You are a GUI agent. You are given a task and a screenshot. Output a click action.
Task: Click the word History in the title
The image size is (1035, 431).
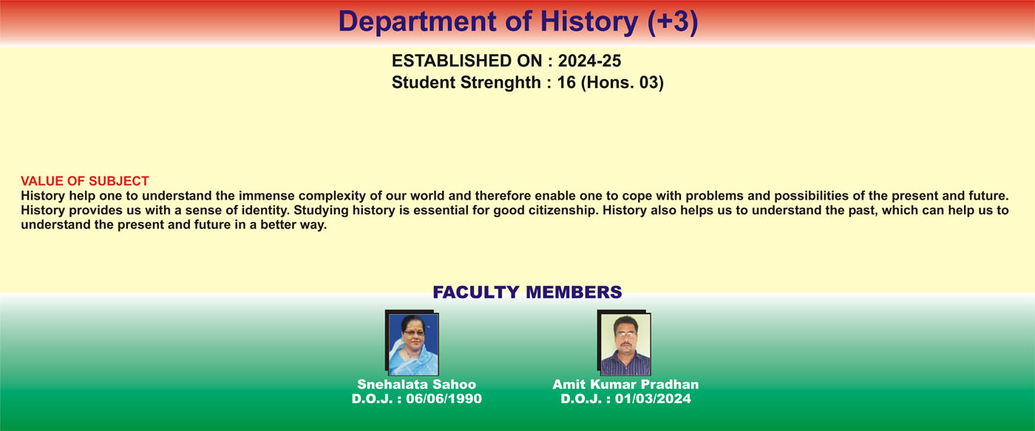588,22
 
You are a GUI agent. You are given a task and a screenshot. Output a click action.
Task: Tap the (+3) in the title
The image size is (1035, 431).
672,22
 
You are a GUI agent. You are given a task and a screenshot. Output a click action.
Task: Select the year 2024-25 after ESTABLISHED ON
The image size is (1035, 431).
590,61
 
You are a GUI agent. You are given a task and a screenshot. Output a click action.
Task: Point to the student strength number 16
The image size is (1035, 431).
566,82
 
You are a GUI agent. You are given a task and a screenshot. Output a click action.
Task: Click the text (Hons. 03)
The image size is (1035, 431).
622,83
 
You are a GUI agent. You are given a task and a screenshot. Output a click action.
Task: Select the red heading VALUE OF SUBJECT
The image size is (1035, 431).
84,180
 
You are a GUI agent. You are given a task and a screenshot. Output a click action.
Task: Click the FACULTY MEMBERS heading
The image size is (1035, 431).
527,292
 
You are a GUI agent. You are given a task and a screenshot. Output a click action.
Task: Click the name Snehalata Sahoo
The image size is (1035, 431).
417,384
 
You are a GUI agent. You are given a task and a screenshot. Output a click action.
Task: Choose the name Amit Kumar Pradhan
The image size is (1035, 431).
625,384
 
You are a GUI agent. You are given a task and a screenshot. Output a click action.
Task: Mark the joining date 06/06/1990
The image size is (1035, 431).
444,398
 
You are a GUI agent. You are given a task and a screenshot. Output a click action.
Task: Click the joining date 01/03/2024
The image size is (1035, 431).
653,398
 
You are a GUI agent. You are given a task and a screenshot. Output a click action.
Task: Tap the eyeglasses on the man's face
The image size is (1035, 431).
626,334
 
